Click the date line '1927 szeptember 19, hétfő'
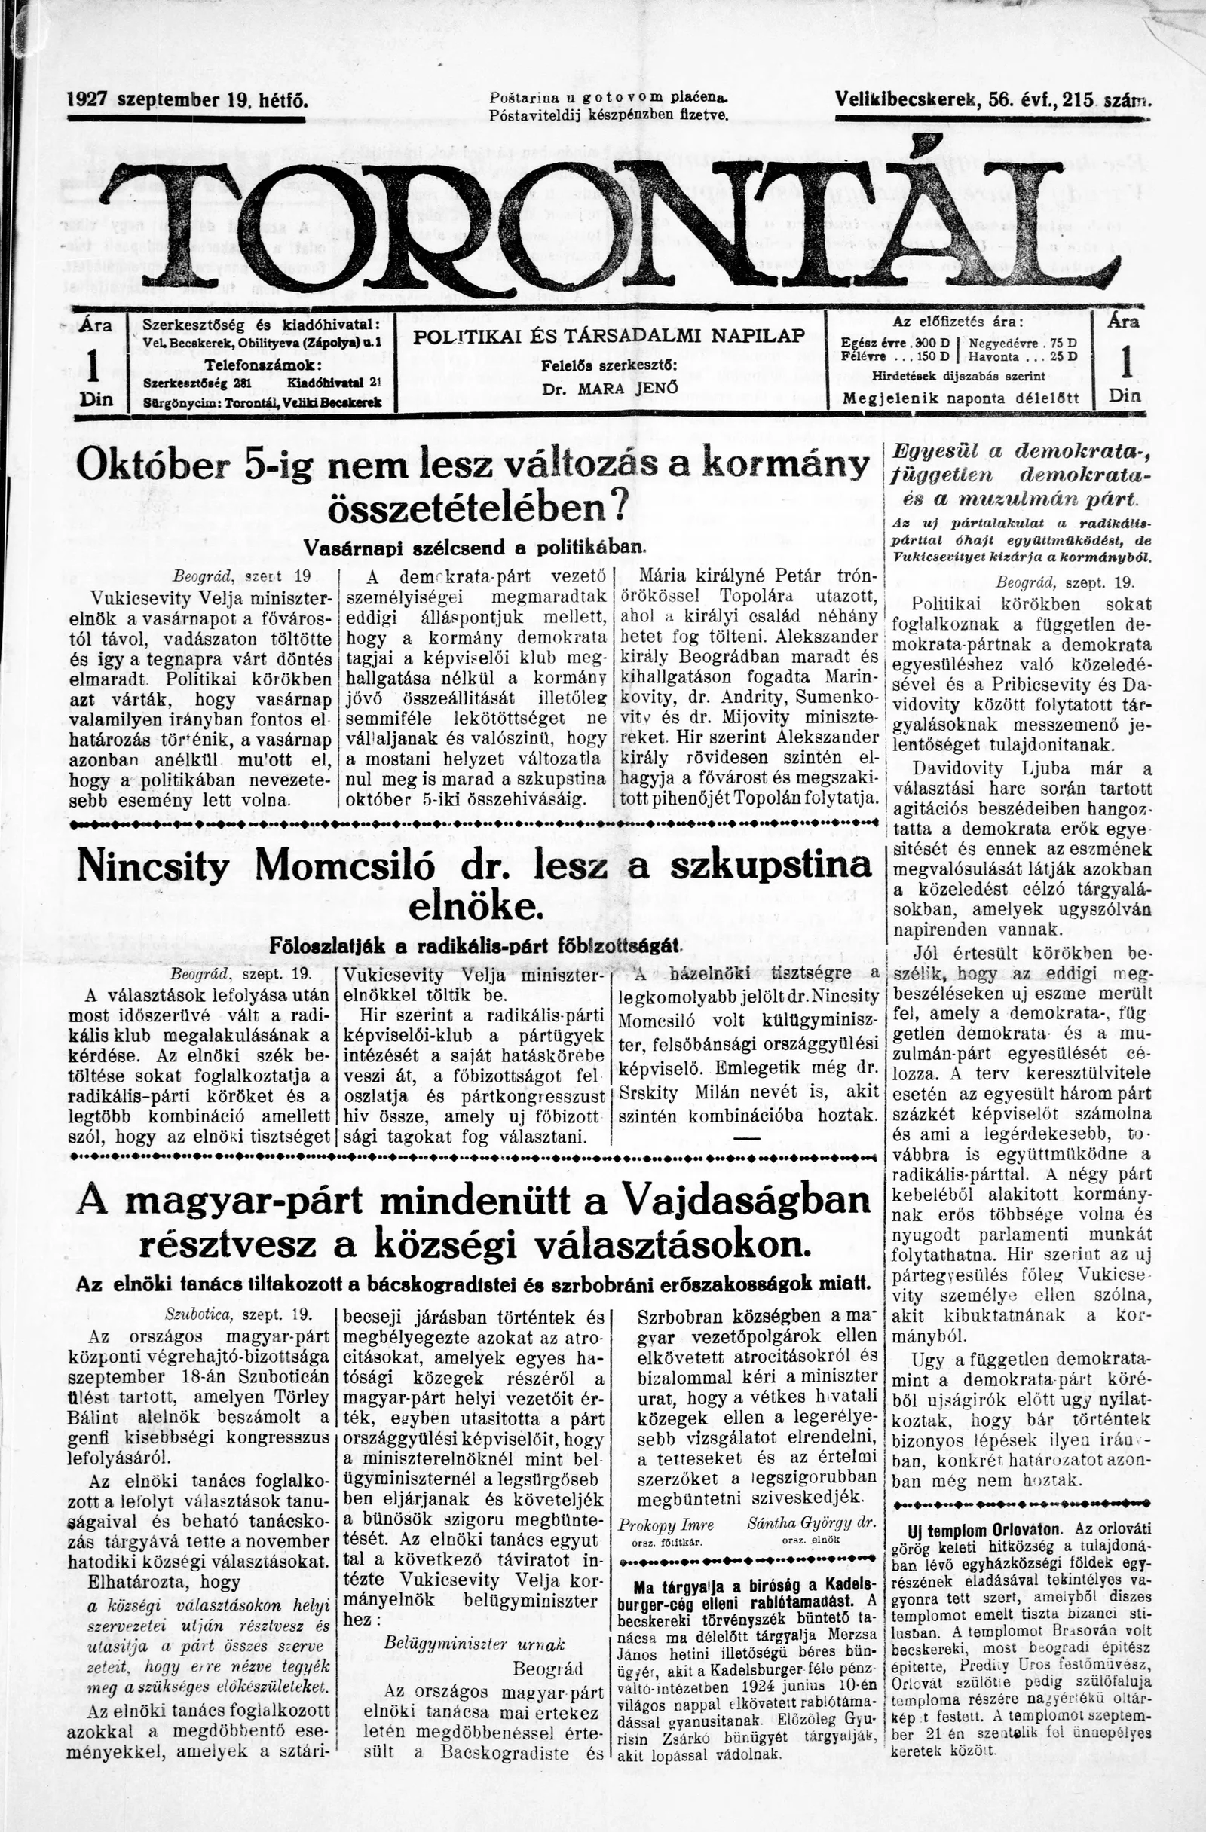[x=188, y=100]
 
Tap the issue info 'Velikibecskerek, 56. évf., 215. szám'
[x=992, y=100]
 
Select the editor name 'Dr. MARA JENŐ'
[x=610, y=389]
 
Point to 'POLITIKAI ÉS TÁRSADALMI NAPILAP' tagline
[x=609, y=336]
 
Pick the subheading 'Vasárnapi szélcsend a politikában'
[x=473, y=548]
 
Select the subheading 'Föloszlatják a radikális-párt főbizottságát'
[x=473, y=946]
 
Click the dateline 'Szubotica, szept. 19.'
[x=237, y=1314]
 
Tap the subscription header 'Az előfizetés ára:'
[x=958, y=322]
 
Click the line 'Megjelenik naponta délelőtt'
[x=960, y=398]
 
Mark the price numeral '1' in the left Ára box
[x=95, y=365]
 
